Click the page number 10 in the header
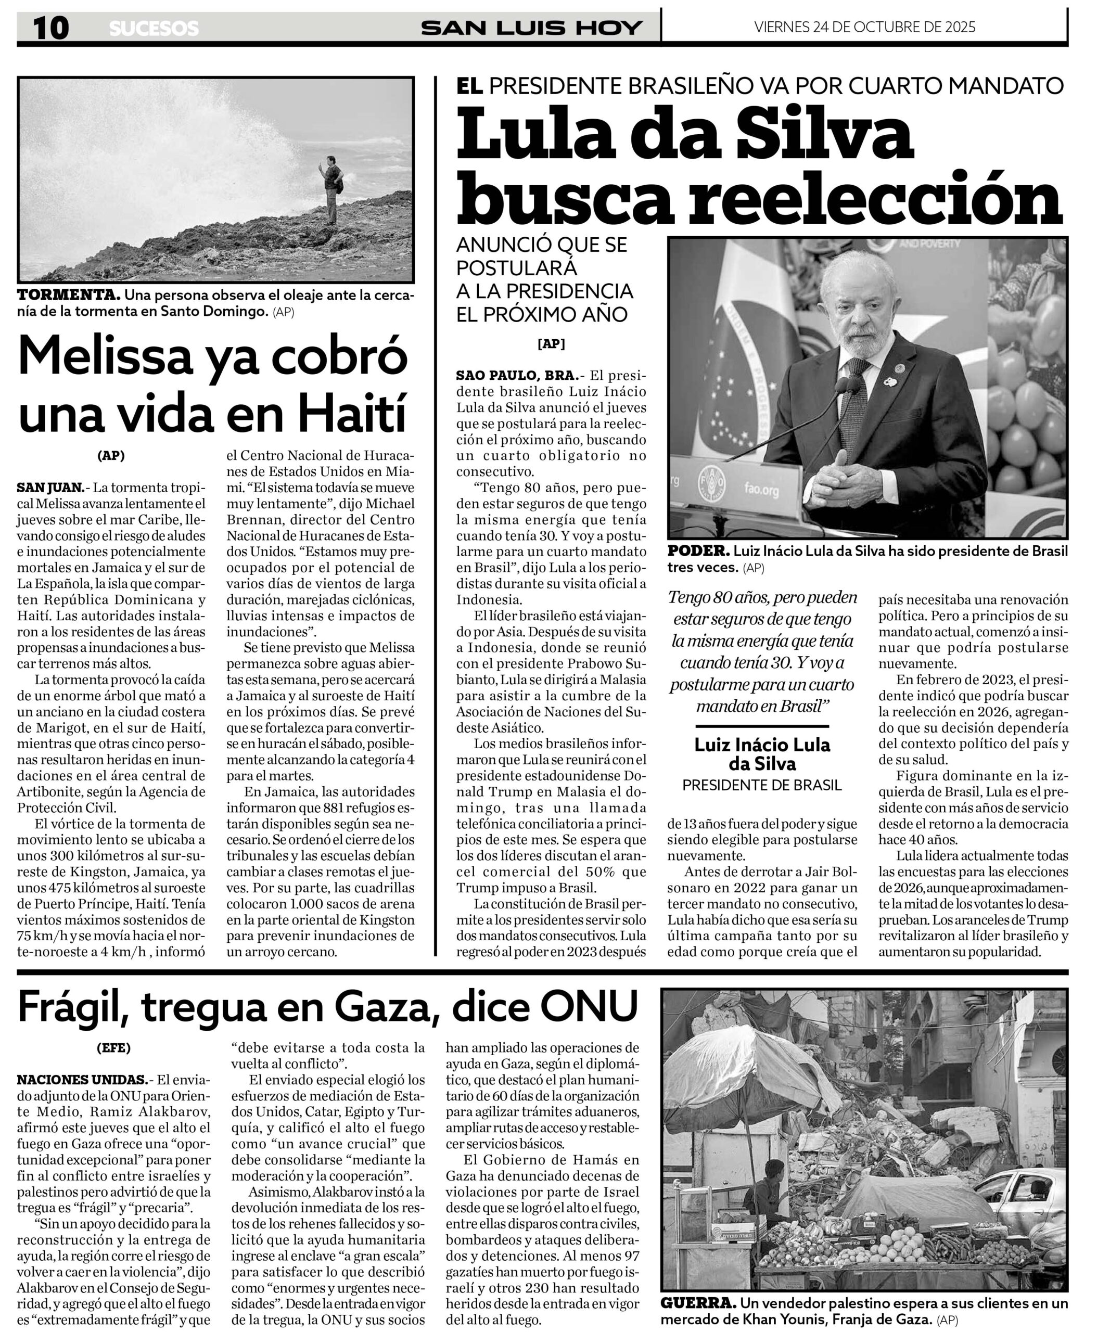(51, 28)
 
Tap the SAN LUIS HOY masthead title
(531, 28)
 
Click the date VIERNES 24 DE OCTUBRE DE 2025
(864, 27)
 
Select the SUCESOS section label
(154, 29)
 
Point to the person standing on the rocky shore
(331, 189)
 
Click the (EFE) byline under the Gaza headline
(113, 1048)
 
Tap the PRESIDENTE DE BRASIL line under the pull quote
(762, 785)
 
